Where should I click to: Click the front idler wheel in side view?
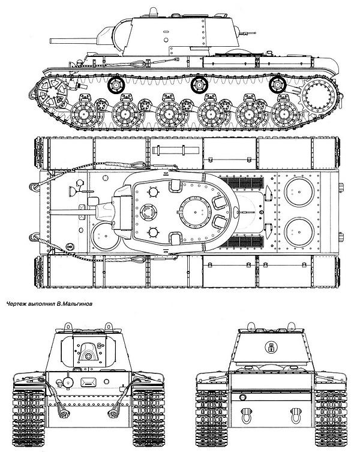52,92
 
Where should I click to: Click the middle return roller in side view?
199,85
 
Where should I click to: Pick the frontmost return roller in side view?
116,85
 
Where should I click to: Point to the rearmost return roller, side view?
277,85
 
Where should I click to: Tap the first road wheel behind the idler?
83,114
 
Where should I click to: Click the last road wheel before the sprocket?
284,114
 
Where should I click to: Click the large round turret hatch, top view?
195,212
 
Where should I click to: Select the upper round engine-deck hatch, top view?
299,192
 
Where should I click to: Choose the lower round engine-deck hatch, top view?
299,233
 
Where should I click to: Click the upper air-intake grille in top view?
245,182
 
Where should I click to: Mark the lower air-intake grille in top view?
245,242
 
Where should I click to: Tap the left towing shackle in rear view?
247,415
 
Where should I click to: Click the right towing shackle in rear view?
296,415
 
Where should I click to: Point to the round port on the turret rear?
271,347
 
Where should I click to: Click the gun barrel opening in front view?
88,357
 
